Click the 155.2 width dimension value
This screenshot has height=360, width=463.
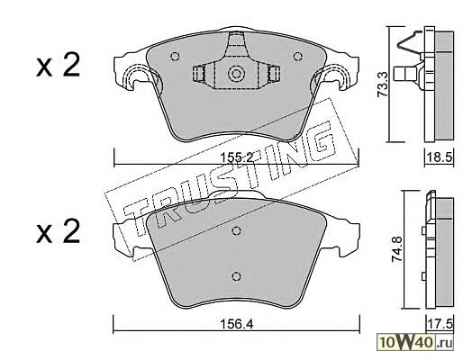click(237, 157)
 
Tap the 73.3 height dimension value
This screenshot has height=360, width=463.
click(382, 85)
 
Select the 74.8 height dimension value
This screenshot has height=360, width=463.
click(397, 249)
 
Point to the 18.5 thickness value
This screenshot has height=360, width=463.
click(440, 157)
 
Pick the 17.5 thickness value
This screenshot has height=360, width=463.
click(440, 324)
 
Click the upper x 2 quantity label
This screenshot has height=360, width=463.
click(58, 65)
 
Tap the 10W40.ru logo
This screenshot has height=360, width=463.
click(415, 342)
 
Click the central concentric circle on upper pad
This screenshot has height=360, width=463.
click(236, 74)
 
